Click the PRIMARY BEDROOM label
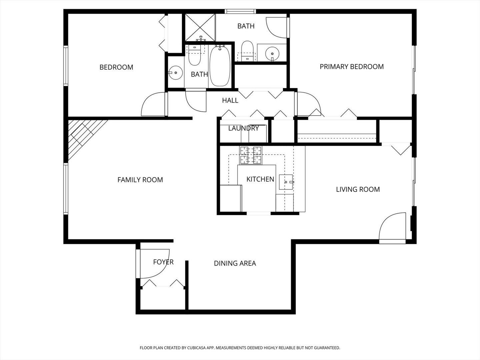tap(351, 67)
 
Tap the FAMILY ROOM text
tap(140, 180)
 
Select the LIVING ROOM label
tap(358, 190)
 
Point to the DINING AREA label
tap(235, 263)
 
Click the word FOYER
tap(163, 262)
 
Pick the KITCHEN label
tap(260, 179)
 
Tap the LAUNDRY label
tap(243, 128)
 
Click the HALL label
tap(230, 100)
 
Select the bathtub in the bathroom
tap(220, 66)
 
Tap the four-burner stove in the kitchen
tap(251, 155)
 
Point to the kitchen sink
tap(286, 182)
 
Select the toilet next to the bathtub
tap(194, 57)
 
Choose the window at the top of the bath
tap(241, 11)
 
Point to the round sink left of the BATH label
tap(175, 72)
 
